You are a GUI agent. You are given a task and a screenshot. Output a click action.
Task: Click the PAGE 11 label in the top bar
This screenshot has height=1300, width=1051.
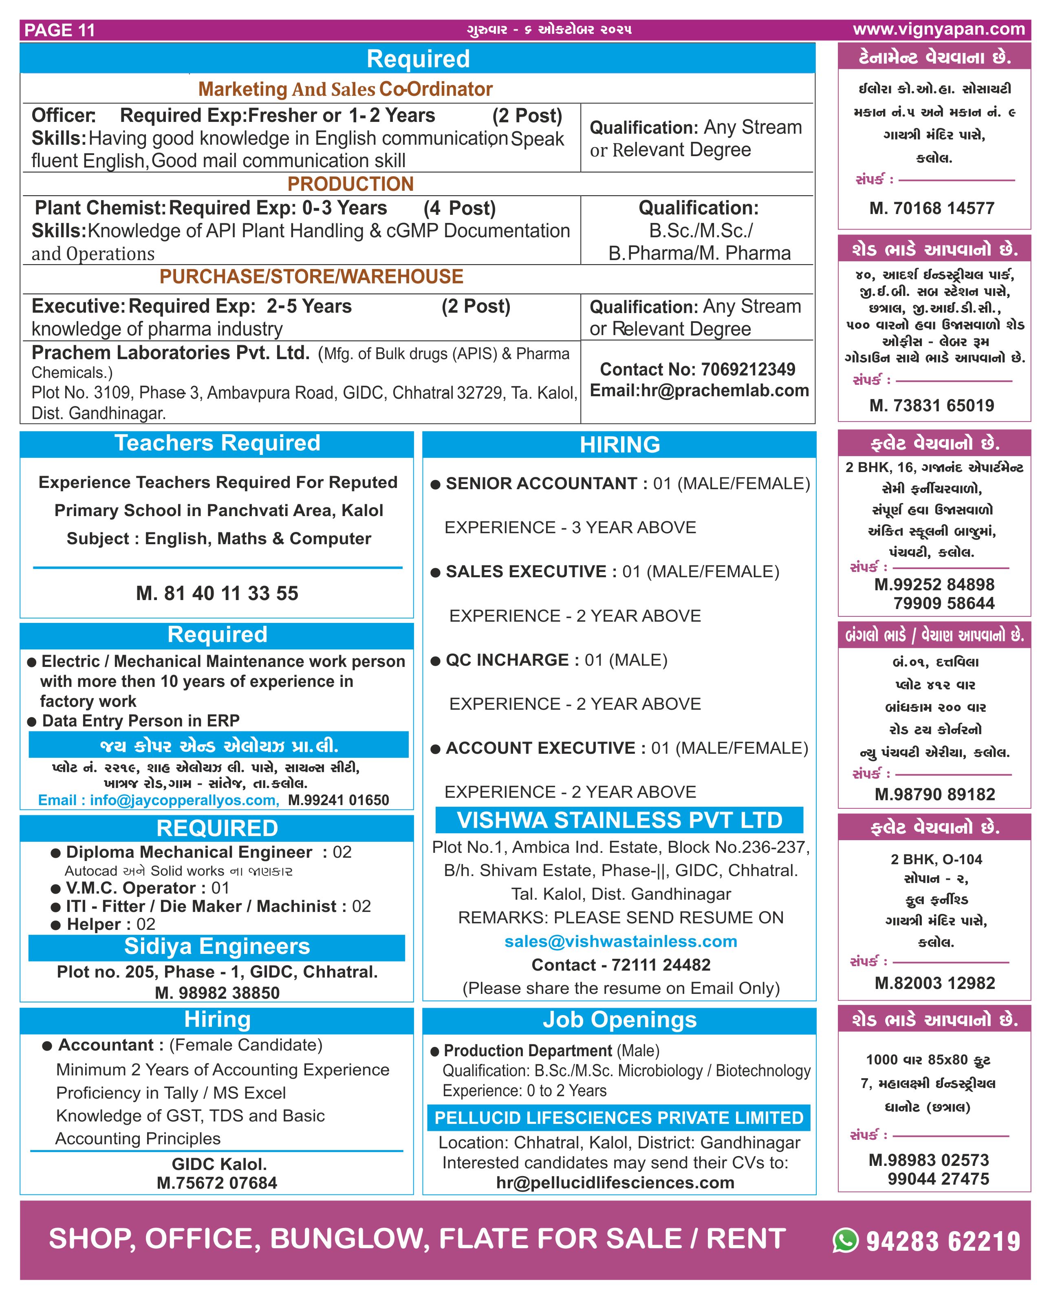pos(60,30)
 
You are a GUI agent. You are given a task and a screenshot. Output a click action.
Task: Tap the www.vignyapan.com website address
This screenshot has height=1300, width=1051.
pos(939,29)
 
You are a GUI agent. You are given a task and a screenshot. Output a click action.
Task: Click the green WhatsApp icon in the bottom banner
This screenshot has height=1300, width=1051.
pos(845,1240)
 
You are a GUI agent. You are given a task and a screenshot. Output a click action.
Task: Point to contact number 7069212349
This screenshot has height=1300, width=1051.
pos(748,369)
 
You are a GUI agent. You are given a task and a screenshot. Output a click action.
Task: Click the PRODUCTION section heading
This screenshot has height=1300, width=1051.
pos(350,184)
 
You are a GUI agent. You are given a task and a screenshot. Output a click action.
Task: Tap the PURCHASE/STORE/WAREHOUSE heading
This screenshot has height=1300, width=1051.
pos(311,277)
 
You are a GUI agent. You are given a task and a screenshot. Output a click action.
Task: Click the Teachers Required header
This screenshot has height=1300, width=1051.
pos(217,443)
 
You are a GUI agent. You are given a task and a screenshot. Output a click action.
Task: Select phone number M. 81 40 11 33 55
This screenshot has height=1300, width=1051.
pos(217,594)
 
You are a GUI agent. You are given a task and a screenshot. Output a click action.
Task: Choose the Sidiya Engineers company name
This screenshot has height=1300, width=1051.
pos(217,947)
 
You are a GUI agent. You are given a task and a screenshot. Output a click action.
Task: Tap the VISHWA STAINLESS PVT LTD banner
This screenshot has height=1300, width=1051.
pos(619,821)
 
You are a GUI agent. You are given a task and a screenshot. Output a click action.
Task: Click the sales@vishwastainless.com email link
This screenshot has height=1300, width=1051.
pos(621,942)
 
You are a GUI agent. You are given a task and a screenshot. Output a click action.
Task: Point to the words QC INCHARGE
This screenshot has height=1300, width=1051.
pos(507,660)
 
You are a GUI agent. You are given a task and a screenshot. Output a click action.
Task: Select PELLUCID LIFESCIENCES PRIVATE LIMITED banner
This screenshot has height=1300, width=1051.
pos(619,1118)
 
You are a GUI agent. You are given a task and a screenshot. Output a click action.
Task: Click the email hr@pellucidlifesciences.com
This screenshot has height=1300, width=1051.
pos(615,1183)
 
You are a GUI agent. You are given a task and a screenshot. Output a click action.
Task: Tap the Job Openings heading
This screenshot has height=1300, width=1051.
pos(619,1020)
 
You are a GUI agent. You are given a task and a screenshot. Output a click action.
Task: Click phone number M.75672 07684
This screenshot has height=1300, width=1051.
pos(217,1183)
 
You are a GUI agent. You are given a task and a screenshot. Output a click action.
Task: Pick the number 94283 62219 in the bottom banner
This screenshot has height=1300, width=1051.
pos(943,1241)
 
